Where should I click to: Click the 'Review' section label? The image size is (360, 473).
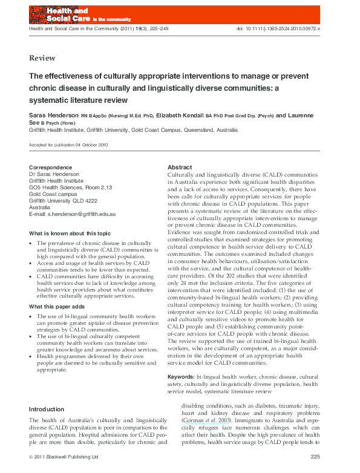(42, 58)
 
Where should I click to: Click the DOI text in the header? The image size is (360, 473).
(286, 28)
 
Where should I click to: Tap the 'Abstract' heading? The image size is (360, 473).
(180, 167)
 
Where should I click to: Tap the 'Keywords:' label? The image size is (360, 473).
(181, 377)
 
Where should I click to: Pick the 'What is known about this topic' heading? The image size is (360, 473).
(70, 233)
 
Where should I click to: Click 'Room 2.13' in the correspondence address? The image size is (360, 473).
(101, 188)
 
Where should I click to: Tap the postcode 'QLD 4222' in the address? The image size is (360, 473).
(85, 201)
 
